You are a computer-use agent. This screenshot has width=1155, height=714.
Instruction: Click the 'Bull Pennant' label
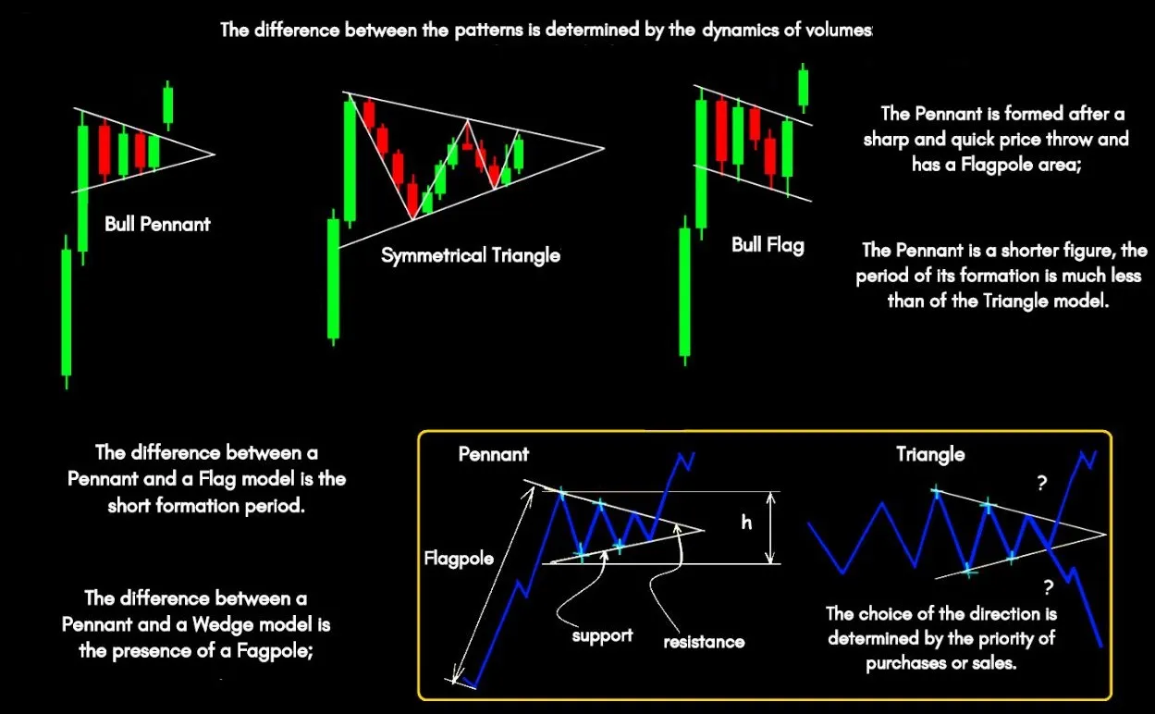pyautogui.click(x=157, y=225)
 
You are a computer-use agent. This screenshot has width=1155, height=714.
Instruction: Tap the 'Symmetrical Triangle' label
pyautogui.click(x=471, y=255)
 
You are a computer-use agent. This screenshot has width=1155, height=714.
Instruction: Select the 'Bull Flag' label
pyautogui.click(x=768, y=245)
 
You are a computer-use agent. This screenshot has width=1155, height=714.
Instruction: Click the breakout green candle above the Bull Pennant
pyautogui.click(x=167, y=105)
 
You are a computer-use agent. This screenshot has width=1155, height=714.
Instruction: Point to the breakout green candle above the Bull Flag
pyautogui.click(x=803, y=88)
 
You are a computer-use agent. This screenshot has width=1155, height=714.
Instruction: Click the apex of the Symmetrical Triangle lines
pyautogui.click(x=604, y=149)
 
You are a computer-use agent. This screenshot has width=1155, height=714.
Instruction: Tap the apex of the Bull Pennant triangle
pyautogui.click(x=215, y=154)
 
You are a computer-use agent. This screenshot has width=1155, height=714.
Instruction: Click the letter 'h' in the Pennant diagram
pyautogui.click(x=746, y=523)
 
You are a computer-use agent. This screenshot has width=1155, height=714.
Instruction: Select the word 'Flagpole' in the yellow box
pyautogui.click(x=459, y=559)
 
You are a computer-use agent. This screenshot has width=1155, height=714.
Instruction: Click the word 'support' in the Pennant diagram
pyautogui.click(x=602, y=636)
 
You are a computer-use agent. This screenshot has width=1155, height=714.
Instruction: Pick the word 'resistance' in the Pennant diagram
pyautogui.click(x=704, y=642)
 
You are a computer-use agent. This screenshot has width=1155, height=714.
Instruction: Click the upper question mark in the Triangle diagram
pyautogui.click(x=1042, y=483)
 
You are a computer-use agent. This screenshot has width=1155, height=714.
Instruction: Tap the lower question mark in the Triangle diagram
pyautogui.click(x=1049, y=587)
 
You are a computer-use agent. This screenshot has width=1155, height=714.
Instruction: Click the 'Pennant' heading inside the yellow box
pyautogui.click(x=494, y=454)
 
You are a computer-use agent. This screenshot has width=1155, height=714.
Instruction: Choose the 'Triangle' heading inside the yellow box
pyautogui.click(x=930, y=455)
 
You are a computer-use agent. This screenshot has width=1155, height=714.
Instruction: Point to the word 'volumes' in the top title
pyautogui.click(x=838, y=30)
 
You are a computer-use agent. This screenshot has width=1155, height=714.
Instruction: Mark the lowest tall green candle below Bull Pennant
pyautogui.click(x=66, y=312)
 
